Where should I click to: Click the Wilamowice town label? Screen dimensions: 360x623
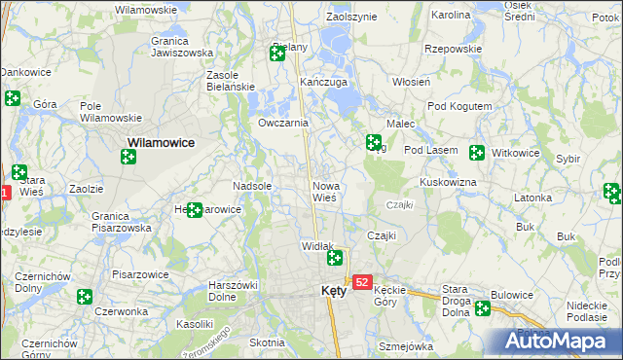tap(161, 142)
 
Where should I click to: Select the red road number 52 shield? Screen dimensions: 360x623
tap(362, 282)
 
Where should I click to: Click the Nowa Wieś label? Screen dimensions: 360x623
tap(325, 191)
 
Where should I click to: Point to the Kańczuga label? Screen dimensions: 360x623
tap(324, 83)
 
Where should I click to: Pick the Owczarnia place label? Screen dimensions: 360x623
tap(283, 124)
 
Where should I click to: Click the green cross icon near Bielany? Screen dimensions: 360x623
tap(277, 54)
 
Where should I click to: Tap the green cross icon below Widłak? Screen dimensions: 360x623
tap(335, 258)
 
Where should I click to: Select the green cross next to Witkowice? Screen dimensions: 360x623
tap(477, 153)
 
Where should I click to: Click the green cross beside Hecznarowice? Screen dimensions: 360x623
tap(195, 209)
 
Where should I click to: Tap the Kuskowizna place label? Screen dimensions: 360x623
tap(447, 182)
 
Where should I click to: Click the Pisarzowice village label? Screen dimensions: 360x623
tap(140, 275)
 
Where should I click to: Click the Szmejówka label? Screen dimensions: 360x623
tap(405, 346)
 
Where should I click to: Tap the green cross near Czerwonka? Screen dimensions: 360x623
tap(85, 297)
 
